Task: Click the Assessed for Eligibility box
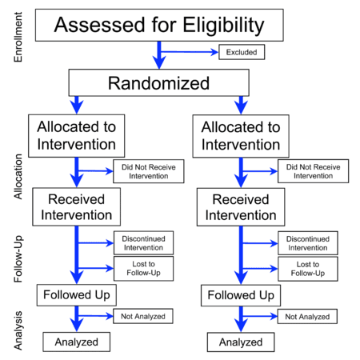tap(159, 25)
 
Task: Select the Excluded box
tap(242, 52)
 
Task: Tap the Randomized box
tap(159, 82)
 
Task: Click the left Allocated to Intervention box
tap(77, 136)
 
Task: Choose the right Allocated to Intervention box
tap(241, 136)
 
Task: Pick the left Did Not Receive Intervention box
tap(149, 171)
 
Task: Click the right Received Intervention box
tap(241, 207)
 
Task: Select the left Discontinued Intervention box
tap(143, 243)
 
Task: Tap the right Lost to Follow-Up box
tap(308, 269)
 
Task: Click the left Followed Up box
tap(77, 295)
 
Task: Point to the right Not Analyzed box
tap(307, 317)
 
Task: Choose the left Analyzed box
tap(77, 342)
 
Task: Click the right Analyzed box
tap(241, 342)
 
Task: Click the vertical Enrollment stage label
tap(18, 37)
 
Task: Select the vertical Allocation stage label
tap(18, 177)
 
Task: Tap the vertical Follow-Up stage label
tap(18, 258)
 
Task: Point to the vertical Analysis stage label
tap(18, 330)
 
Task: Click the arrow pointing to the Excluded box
tap(189, 52)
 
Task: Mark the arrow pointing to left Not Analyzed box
tap(95, 316)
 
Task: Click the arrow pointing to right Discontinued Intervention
tap(260, 243)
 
